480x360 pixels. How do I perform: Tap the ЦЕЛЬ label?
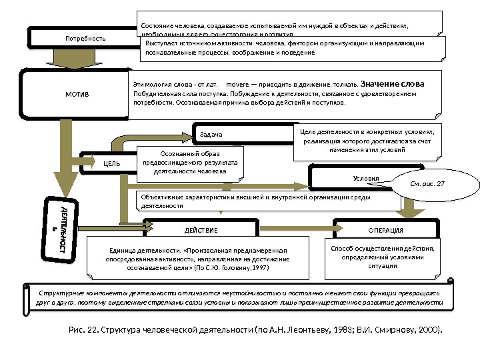pos(111,162)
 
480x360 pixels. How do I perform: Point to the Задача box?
pos(210,135)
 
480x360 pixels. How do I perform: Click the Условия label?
pos(365,179)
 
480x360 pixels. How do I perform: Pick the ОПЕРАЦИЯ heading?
pos(385,230)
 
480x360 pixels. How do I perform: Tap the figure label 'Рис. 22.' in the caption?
pos(83,330)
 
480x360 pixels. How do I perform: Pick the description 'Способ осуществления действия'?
pos(382,248)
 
